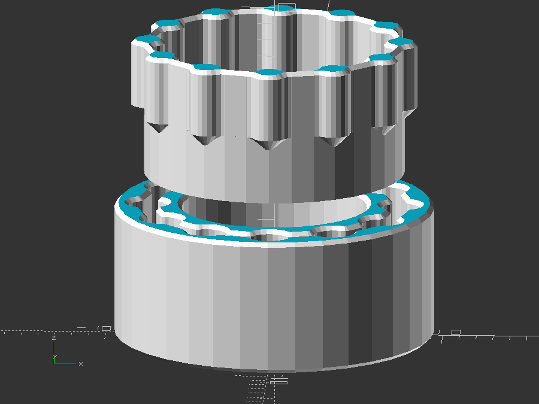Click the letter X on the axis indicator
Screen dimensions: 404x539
point(81,363)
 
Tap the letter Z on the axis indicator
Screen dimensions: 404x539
point(54,338)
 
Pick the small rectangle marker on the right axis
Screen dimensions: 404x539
point(456,332)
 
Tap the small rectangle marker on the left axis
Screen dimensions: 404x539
point(107,329)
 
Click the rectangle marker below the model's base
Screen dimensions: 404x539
point(279,381)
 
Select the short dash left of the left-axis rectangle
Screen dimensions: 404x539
point(81,328)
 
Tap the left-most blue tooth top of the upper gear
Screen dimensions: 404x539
point(147,40)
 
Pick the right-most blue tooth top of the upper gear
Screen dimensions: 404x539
point(404,42)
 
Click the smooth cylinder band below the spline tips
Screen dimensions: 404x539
point(269,177)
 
